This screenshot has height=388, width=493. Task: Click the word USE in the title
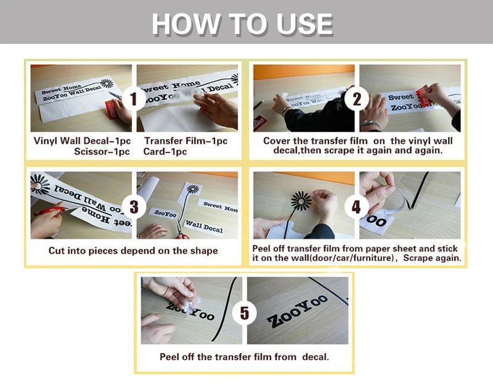304,24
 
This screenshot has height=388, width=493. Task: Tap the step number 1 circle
134,99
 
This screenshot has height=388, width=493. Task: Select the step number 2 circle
357,99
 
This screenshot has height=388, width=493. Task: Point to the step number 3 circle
134,207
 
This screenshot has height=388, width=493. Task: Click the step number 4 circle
356,207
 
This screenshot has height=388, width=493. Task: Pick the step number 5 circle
244,313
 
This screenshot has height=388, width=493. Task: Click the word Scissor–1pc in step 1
102,152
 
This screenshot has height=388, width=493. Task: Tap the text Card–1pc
165,152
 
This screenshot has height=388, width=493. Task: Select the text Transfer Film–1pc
186,141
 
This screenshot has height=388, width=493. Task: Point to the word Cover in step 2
277,141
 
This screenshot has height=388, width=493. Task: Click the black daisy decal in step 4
301,200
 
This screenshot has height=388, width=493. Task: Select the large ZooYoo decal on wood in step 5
297,312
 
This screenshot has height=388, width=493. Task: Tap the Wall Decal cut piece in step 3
204,226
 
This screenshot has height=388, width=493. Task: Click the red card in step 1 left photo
111,110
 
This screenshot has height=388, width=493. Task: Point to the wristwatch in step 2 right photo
371,125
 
